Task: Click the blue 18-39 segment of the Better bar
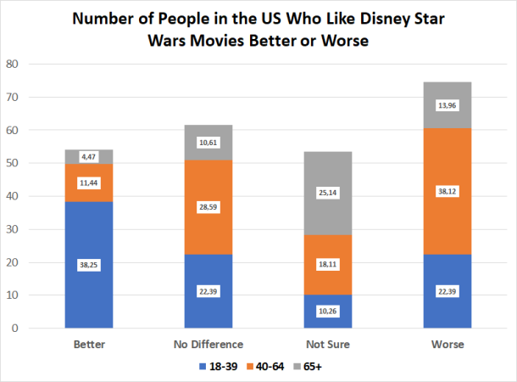[x=89, y=289]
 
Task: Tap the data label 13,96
[x=448, y=105]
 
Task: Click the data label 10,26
[x=328, y=312]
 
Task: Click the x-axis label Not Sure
[x=328, y=345]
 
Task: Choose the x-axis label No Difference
[x=208, y=345]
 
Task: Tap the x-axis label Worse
[x=448, y=345]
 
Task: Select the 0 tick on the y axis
[x=14, y=328]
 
